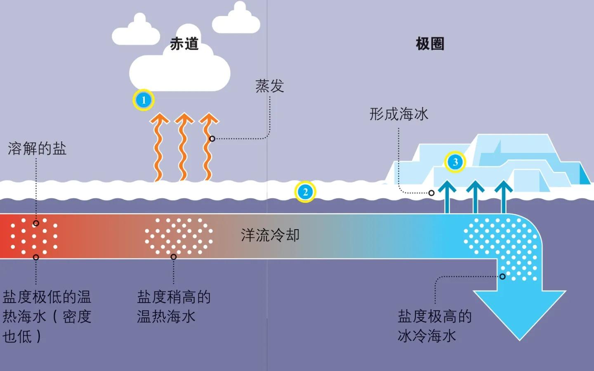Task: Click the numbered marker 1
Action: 144,100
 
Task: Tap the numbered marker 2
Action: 305,192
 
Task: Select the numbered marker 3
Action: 455,162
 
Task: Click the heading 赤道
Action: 184,43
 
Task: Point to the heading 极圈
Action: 430,43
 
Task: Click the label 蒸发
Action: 270,86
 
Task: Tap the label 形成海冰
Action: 399,114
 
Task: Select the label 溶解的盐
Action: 37,148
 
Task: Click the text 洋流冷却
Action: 270,235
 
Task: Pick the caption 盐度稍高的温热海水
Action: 174,307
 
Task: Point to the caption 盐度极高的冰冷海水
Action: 434,326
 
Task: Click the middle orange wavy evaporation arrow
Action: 184,147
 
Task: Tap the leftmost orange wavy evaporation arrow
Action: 159,147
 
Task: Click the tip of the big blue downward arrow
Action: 519,340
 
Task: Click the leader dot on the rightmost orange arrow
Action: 212,139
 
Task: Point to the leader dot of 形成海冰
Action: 431,193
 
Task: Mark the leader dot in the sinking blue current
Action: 502,277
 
